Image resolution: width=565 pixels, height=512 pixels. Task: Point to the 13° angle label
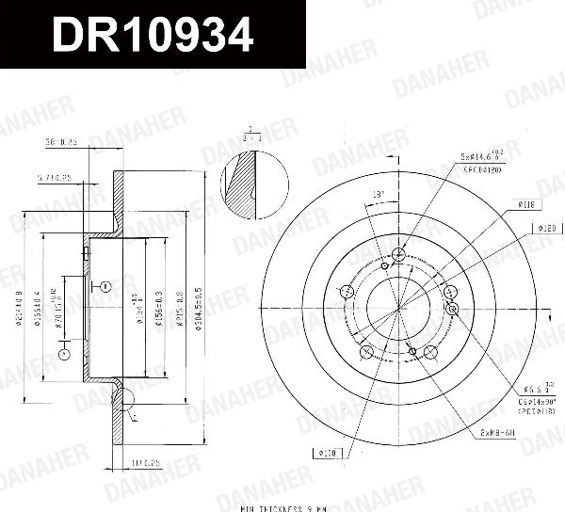click(x=379, y=195)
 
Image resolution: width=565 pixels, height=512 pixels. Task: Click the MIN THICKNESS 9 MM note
click(x=282, y=507)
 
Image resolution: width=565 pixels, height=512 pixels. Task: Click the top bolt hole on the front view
click(x=398, y=254)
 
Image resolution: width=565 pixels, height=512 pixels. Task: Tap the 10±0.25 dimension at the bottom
click(x=144, y=461)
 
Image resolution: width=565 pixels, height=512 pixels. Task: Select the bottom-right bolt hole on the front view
click(x=430, y=352)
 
